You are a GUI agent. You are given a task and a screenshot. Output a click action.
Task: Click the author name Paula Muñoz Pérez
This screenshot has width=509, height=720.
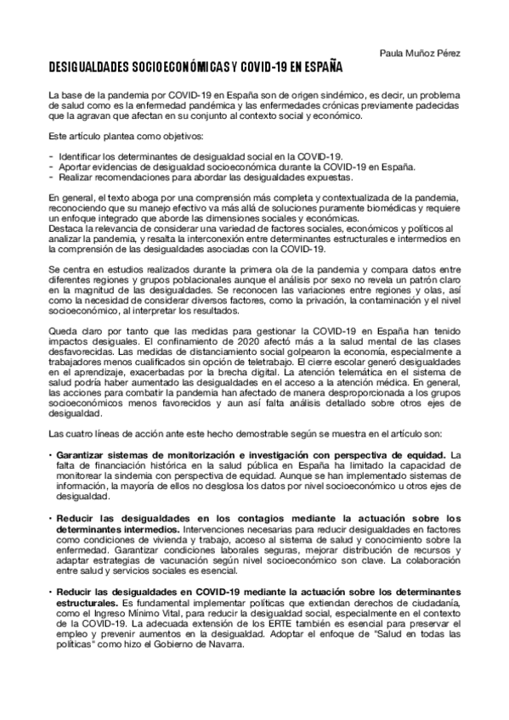(x=421, y=53)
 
